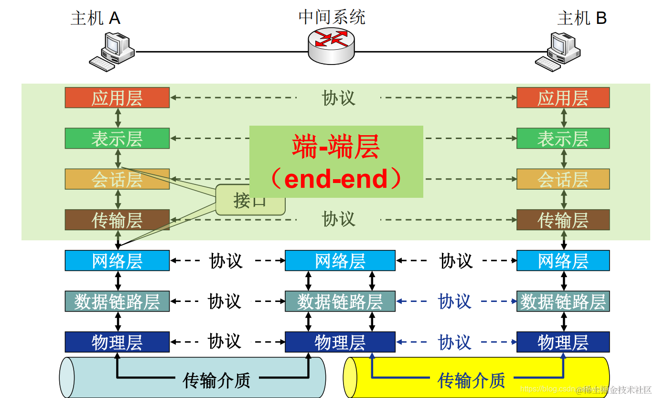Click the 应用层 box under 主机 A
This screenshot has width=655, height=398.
click(x=117, y=98)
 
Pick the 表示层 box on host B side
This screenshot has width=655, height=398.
click(x=563, y=139)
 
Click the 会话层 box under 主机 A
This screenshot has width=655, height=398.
click(x=117, y=179)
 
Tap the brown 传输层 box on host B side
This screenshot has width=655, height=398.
click(x=563, y=220)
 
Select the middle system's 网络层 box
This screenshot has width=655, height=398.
click(x=340, y=261)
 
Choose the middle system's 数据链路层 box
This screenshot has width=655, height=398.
click(x=340, y=301)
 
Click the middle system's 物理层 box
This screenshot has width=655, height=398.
click(x=340, y=342)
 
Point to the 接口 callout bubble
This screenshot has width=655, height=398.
click(x=250, y=200)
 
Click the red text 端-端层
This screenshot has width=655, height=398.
click(x=336, y=147)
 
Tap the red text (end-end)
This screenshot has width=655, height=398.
click(x=336, y=179)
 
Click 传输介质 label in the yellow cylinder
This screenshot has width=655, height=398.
click(x=471, y=380)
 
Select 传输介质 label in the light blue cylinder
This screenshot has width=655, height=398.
click(x=216, y=380)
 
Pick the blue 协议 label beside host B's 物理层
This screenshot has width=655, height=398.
click(x=454, y=342)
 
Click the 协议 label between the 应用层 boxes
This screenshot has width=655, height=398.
click(x=338, y=98)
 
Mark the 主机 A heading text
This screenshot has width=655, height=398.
click(x=95, y=18)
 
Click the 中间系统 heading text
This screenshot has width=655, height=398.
click(x=332, y=17)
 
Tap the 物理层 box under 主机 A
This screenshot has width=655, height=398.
click(x=117, y=342)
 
